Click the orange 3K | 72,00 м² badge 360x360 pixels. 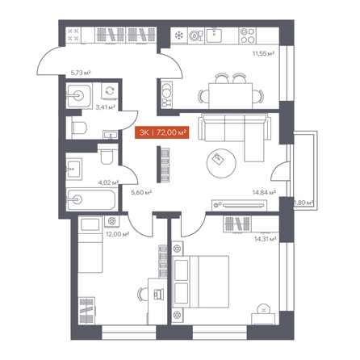pyautogui.click(x=162, y=132)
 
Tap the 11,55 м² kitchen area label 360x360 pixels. pyautogui.click(x=263, y=53)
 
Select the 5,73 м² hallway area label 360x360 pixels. pyautogui.click(x=80, y=73)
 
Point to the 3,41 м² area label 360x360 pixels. pyautogui.click(x=106, y=107)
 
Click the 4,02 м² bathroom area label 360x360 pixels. pyautogui.click(x=109, y=183)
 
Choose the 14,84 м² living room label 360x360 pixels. pyautogui.click(x=264, y=192)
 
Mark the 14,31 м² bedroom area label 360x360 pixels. pyautogui.click(x=266, y=239)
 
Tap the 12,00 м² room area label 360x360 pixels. pyautogui.click(x=117, y=234)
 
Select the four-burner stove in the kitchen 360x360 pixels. pyautogui.click(x=248, y=36)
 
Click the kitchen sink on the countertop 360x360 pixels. pyautogui.click(x=214, y=36)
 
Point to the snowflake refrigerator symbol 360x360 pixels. pyautogui.click(x=178, y=36)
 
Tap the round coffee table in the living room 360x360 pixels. pyautogui.click(x=221, y=163)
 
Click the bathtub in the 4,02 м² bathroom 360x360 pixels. pyautogui.click(x=91, y=200)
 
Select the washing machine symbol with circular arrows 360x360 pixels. pyautogui.click(x=110, y=90)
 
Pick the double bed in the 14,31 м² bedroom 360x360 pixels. pyautogui.click(x=200, y=282)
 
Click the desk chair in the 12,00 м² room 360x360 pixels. pyautogui.click(x=143, y=294)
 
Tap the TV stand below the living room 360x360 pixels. pyautogui.click(x=239, y=205)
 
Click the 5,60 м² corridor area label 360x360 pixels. pyautogui.click(x=141, y=192)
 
